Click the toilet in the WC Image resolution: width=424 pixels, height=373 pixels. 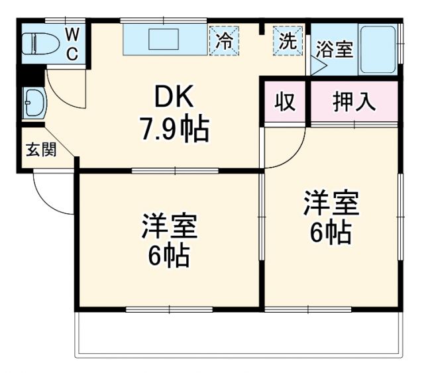click(37, 44)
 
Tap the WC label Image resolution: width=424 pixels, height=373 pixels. click(72, 44)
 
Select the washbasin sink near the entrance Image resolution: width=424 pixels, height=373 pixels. click(33, 103)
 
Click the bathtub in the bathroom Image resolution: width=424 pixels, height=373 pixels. click(378, 50)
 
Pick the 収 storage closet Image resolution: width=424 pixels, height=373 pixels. click(285, 102)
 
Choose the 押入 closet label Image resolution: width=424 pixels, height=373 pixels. click(354, 102)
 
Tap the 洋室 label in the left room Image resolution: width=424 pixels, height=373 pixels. click(168, 227)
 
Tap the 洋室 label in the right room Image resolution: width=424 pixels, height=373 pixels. click(331, 203)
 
